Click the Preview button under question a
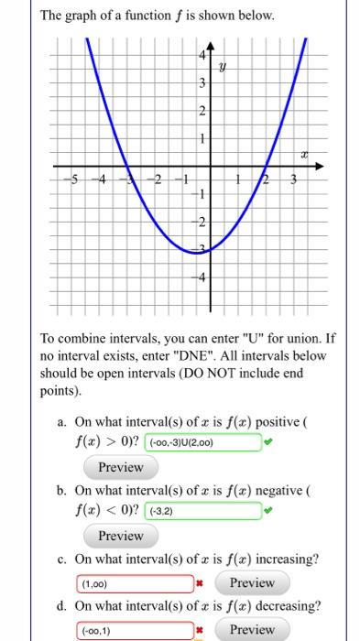click(121, 467)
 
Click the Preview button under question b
click(121, 536)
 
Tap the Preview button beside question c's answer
click(252, 582)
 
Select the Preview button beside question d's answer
click(252, 629)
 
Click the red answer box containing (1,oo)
click(134, 582)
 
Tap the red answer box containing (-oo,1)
click(134, 630)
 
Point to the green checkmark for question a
click(267, 443)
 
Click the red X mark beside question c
click(199, 583)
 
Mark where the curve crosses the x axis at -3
click(128, 168)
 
